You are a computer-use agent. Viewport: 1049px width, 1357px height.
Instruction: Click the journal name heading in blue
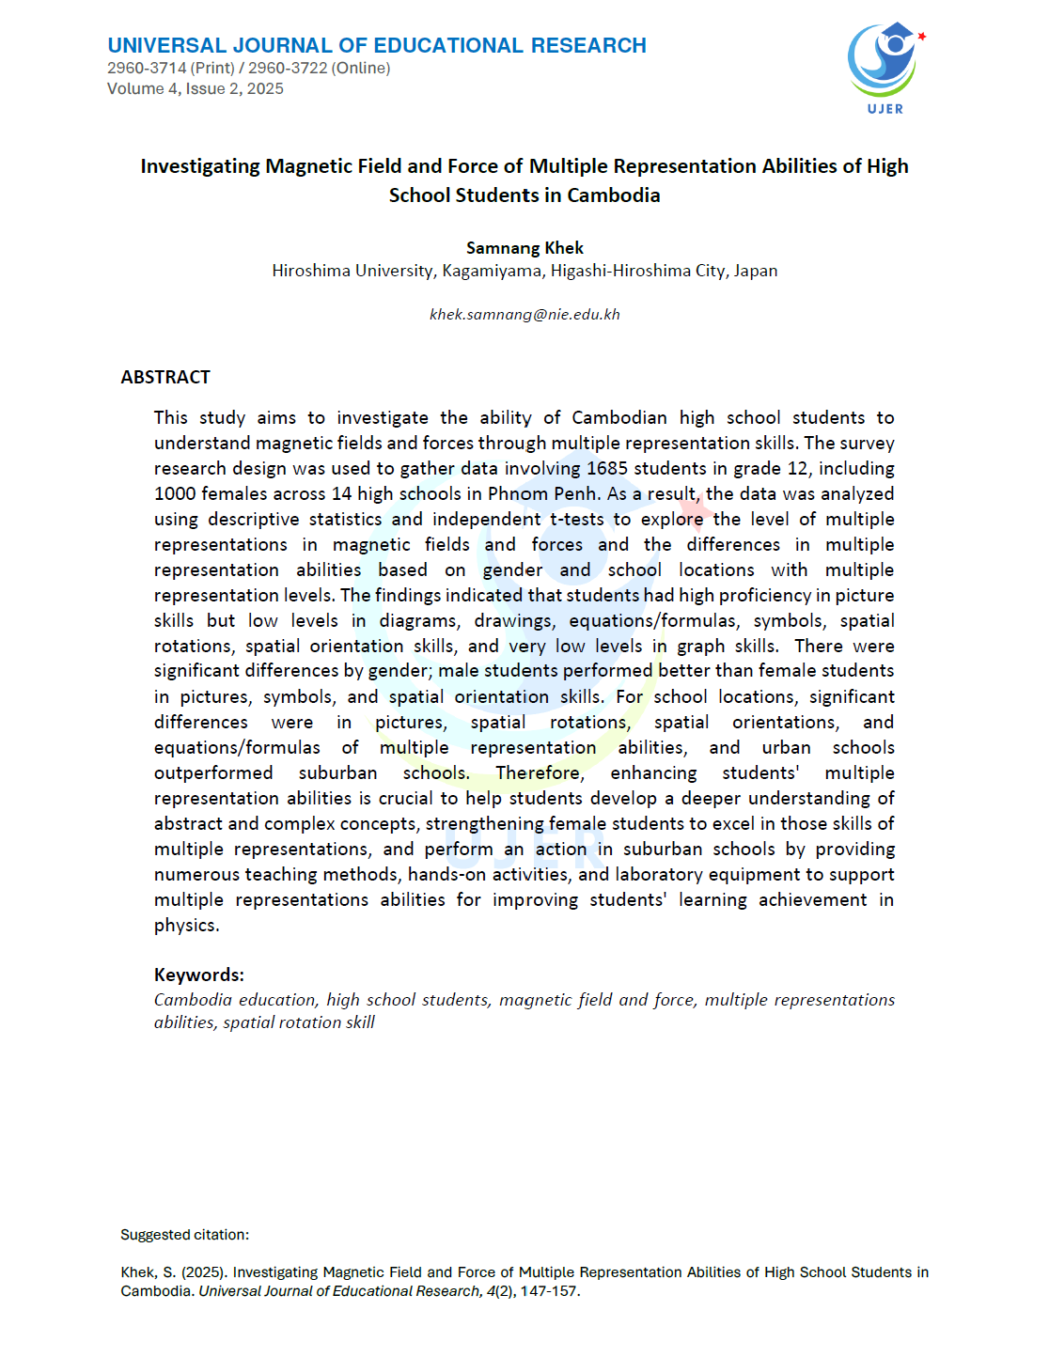(377, 45)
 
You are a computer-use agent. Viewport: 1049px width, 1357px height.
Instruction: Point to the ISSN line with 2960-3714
(248, 68)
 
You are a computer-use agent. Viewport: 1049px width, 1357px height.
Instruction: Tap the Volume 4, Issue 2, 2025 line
(196, 88)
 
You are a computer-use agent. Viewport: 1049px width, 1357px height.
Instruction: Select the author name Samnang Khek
(524, 247)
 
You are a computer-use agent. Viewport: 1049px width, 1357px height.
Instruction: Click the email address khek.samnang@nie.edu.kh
(524, 314)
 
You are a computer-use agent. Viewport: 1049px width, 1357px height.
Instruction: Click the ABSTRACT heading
(165, 377)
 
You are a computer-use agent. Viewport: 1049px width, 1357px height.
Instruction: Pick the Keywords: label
(199, 975)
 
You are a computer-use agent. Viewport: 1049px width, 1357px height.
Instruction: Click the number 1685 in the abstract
(607, 468)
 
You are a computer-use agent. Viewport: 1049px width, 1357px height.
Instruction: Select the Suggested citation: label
(185, 1235)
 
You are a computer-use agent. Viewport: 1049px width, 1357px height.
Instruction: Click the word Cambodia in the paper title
(614, 195)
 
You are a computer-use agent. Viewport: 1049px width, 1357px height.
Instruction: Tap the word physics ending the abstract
(185, 925)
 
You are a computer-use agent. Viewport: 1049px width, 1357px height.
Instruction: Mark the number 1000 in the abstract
(175, 493)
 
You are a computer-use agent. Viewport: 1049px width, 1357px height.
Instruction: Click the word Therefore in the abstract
(538, 772)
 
